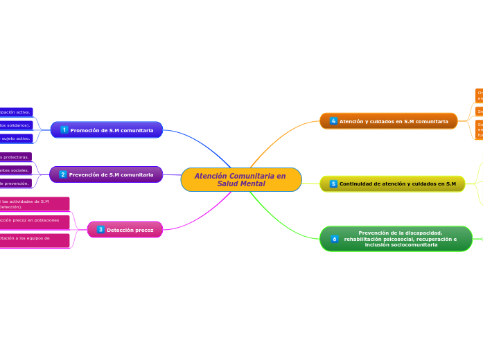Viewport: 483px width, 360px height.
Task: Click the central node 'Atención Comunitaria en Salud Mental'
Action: click(x=240, y=179)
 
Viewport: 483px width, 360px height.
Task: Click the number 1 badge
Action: click(x=64, y=130)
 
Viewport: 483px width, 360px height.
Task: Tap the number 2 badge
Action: click(x=63, y=174)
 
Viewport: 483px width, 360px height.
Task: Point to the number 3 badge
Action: click(x=100, y=229)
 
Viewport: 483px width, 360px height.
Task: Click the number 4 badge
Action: click(x=333, y=121)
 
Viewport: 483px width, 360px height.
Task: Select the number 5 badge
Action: click(x=333, y=183)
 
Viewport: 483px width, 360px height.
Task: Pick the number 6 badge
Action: click(x=334, y=239)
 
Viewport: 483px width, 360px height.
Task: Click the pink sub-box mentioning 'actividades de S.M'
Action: click(x=35, y=204)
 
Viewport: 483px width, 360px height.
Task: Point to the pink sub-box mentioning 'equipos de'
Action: click(x=35, y=240)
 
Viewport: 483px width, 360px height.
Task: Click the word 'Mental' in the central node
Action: click(x=240, y=183)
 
